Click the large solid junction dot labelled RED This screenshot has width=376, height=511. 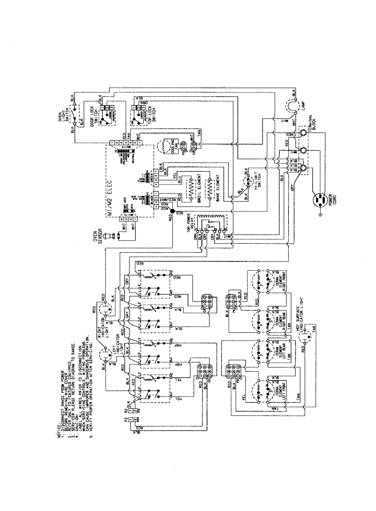(172, 211)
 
